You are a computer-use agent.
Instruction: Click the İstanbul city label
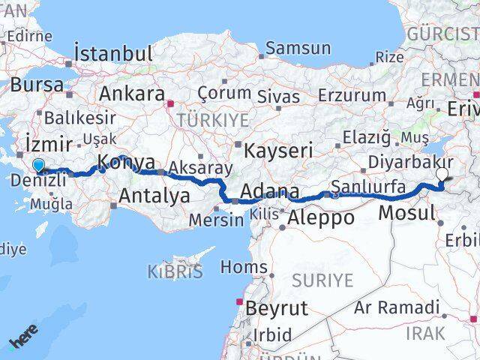tap(113, 54)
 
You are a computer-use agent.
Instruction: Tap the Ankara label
tap(131, 94)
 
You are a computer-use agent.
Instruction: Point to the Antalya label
tap(150, 197)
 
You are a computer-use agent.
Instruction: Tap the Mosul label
tap(406, 213)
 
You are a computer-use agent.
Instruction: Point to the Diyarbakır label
tap(410, 163)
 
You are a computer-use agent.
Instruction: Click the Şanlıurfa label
tap(369, 186)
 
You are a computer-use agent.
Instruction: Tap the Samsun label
tap(298, 49)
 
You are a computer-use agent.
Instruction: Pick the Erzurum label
tap(352, 95)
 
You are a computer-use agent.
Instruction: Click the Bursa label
tap(37, 85)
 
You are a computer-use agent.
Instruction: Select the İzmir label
tap(49, 143)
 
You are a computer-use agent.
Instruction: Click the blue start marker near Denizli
tap(38, 166)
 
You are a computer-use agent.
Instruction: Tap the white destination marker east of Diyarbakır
tap(442, 174)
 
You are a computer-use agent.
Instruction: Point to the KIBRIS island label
tap(175, 271)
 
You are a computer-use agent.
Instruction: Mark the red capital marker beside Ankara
tap(170, 104)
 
